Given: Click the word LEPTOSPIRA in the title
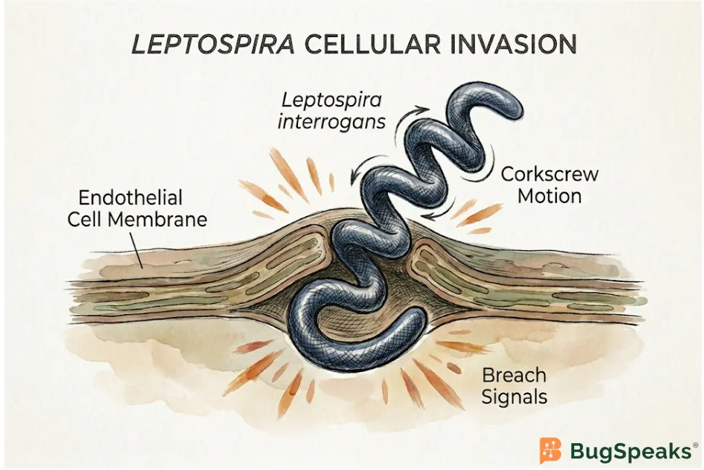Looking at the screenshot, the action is click(x=213, y=44).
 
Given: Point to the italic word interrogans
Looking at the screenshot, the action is click(x=331, y=121).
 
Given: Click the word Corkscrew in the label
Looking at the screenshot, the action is click(x=550, y=174).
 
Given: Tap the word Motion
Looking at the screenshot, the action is click(x=550, y=197).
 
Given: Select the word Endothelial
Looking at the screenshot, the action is click(x=131, y=198).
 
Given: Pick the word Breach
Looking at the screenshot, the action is click(x=513, y=375).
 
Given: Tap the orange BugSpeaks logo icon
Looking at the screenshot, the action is click(x=551, y=450).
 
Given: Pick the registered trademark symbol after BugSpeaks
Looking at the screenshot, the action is click(x=695, y=445).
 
